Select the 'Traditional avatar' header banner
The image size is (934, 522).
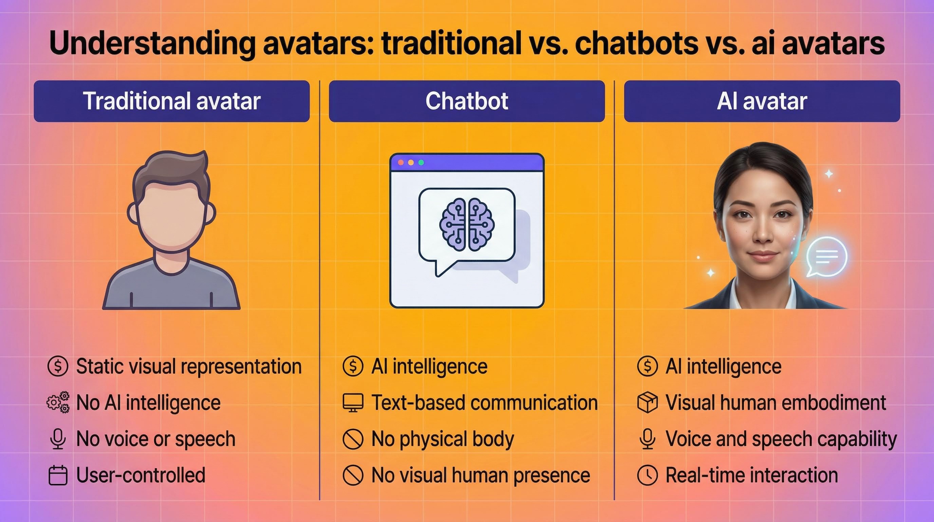pyautogui.click(x=171, y=101)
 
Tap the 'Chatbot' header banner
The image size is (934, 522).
pyautogui.click(x=467, y=101)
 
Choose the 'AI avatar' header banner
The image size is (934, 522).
pyautogui.click(x=762, y=101)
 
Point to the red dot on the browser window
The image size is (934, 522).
pyautogui.click(x=400, y=163)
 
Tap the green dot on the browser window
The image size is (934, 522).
pyautogui.click(x=421, y=163)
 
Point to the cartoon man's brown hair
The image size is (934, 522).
pyautogui.click(x=170, y=171)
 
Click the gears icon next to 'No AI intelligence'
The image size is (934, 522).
pyautogui.click(x=58, y=402)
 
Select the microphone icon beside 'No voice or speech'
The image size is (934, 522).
pyautogui.click(x=58, y=438)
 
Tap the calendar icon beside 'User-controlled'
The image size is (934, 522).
pyautogui.click(x=58, y=475)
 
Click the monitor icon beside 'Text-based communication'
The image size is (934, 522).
pyautogui.click(x=353, y=403)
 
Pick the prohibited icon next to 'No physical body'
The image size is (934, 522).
pyautogui.click(x=352, y=439)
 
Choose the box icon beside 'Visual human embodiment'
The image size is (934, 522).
pyautogui.click(x=647, y=403)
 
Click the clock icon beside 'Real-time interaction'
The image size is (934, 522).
pyautogui.click(x=647, y=475)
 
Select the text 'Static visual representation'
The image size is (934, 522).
pyautogui.click(x=189, y=366)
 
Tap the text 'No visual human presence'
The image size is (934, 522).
pyautogui.click(x=481, y=475)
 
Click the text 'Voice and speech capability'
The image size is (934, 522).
pyautogui.click(x=781, y=439)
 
